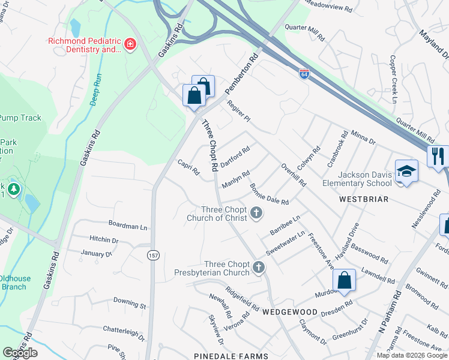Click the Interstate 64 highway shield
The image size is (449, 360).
[305, 74]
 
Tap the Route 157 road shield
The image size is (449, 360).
[154, 256]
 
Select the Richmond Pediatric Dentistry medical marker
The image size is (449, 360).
[129, 44]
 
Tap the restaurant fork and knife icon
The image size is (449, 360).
[438, 156]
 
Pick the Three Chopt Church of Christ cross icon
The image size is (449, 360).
[257, 212]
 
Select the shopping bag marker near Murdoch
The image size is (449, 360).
[344, 280]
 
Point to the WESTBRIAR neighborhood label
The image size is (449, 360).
[363, 198]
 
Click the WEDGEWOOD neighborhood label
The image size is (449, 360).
[289, 312]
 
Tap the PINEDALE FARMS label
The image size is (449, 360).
[232, 356]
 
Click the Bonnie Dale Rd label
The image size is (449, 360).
[270, 194]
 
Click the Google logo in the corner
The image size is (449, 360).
[20, 353]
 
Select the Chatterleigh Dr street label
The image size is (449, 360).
[124, 333]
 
